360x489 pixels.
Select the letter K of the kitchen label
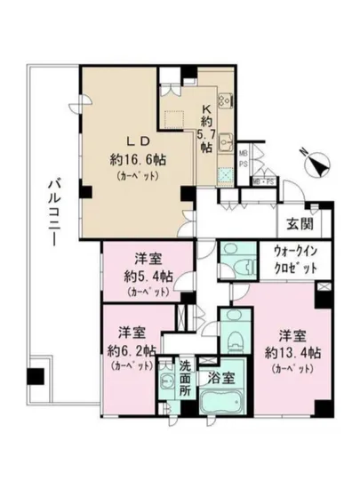click(205, 101)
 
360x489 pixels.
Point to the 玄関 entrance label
click(298, 224)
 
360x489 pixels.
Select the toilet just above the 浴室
click(233, 342)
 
